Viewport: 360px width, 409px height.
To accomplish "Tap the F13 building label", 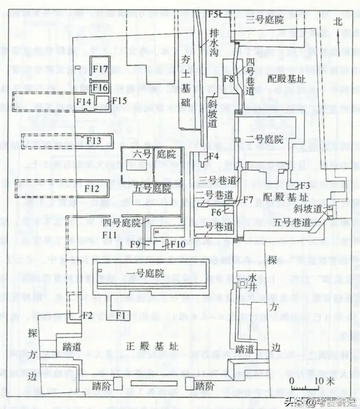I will (94, 140).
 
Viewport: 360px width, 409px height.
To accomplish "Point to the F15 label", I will (119, 100).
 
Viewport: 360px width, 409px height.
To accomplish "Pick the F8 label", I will (228, 79).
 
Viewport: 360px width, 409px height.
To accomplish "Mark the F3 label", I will (303, 185).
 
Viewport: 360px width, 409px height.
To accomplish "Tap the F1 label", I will (122, 315).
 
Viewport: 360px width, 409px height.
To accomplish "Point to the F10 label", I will (178, 244).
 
